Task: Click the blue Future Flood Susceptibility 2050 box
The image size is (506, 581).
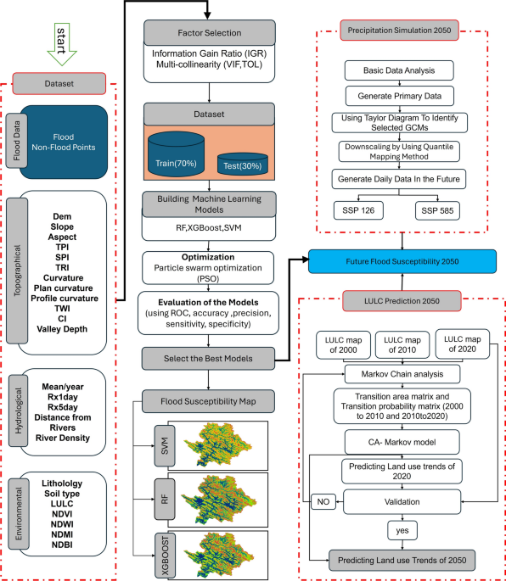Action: (x=403, y=261)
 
